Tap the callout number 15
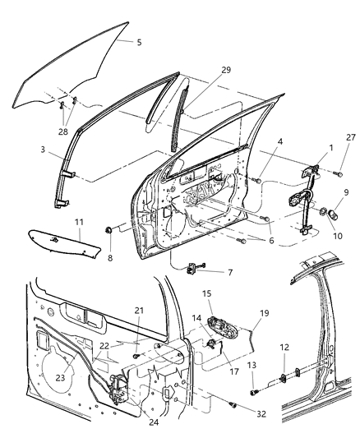[206, 293]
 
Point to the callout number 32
[261, 414]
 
